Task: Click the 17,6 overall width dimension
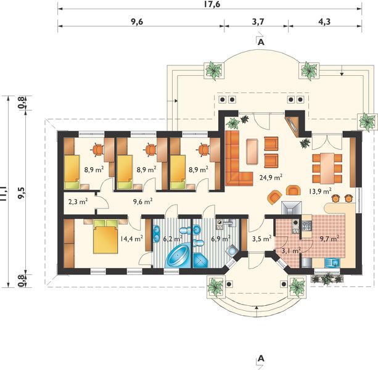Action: click(212, 4)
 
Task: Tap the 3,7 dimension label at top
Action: click(258, 22)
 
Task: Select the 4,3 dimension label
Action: click(324, 22)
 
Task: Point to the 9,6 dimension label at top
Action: click(137, 22)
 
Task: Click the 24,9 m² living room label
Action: click(271, 178)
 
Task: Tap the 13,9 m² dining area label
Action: click(320, 191)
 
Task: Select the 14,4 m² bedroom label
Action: click(131, 239)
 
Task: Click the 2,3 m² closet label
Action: click(78, 201)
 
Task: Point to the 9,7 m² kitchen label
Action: click(329, 239)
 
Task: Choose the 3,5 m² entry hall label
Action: click(262, 239)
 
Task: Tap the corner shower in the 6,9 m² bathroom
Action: click(200, 261)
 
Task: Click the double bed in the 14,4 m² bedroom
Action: click(105, 236)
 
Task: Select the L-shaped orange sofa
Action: click(239, 159)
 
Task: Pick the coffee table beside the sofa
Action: click(252, 152)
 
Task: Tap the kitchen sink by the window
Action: click(332, 262)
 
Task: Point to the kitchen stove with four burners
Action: click(307, 226)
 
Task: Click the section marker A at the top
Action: click(261, 42)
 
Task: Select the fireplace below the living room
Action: click(291, 208)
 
